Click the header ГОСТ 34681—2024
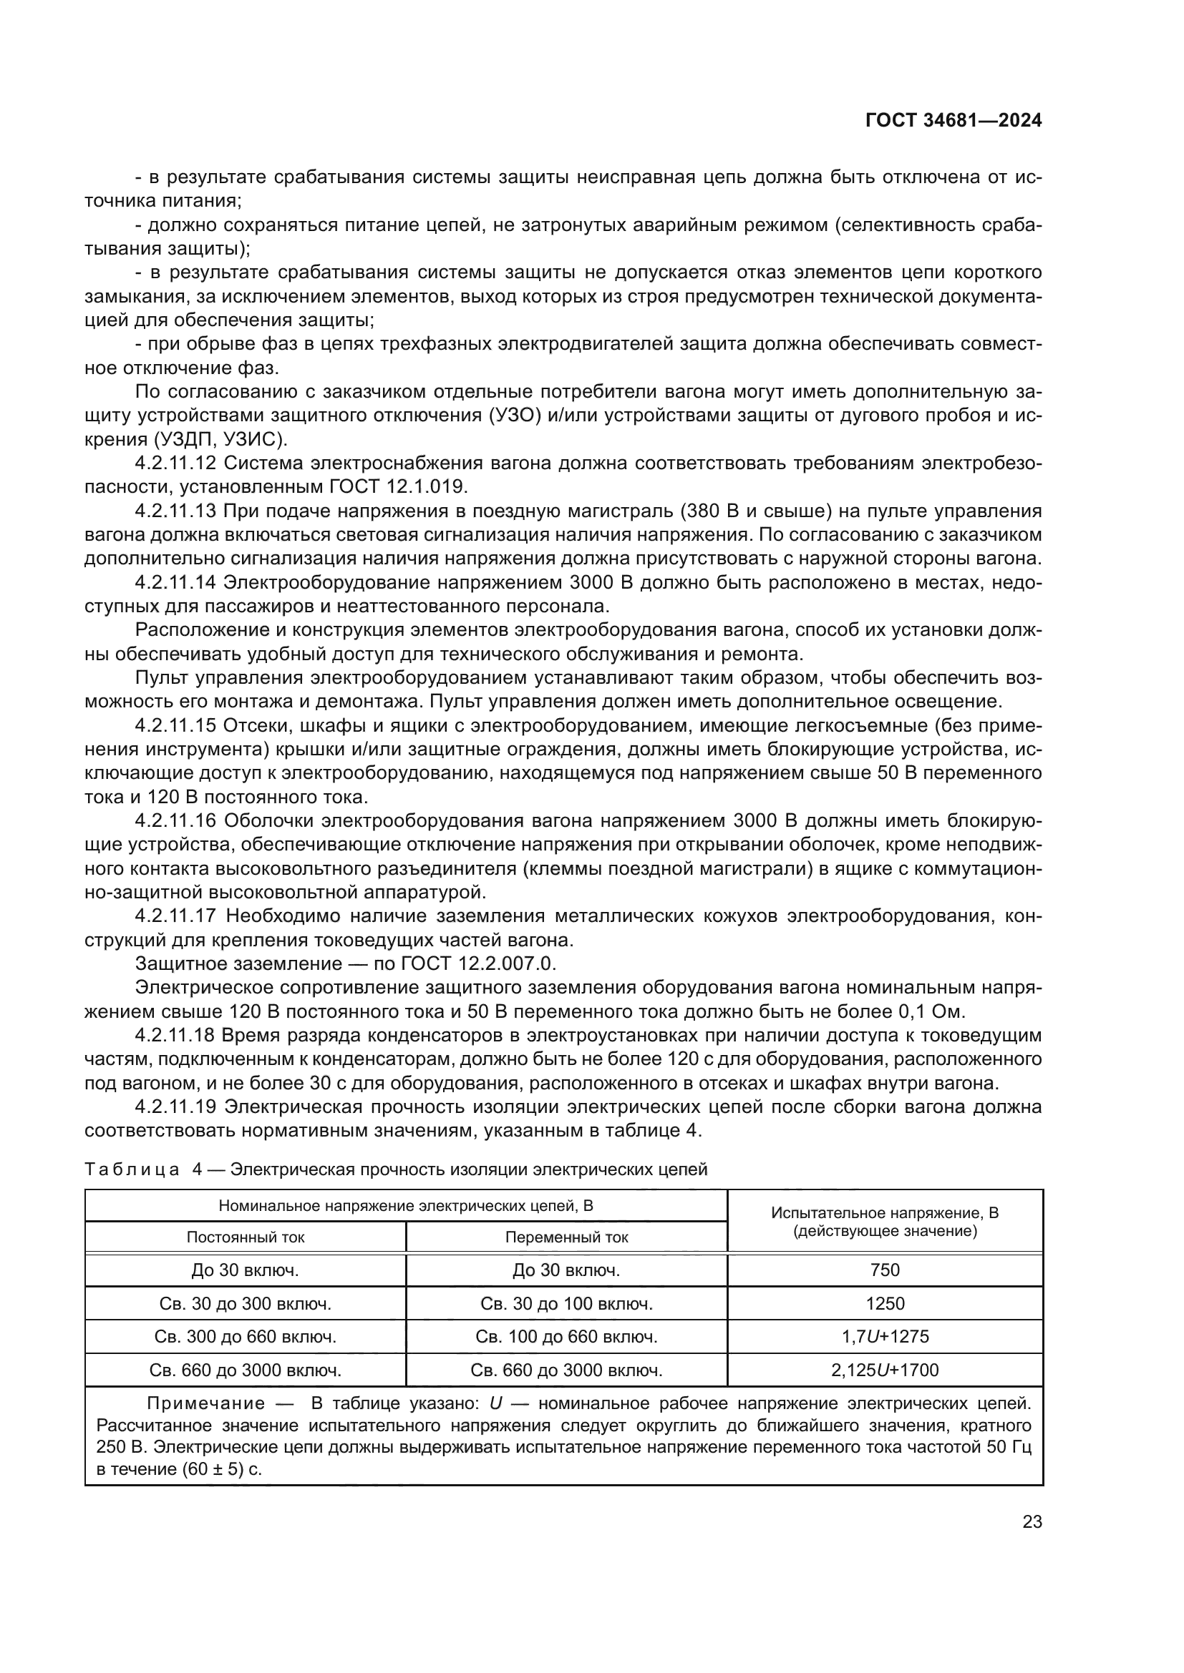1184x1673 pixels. pos(953,121)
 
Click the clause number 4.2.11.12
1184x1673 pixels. pos(175,463)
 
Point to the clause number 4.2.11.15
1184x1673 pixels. pos(175,726)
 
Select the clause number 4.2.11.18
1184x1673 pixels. pos(175,1036)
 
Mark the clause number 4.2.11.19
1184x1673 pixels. pos(175,1107)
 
